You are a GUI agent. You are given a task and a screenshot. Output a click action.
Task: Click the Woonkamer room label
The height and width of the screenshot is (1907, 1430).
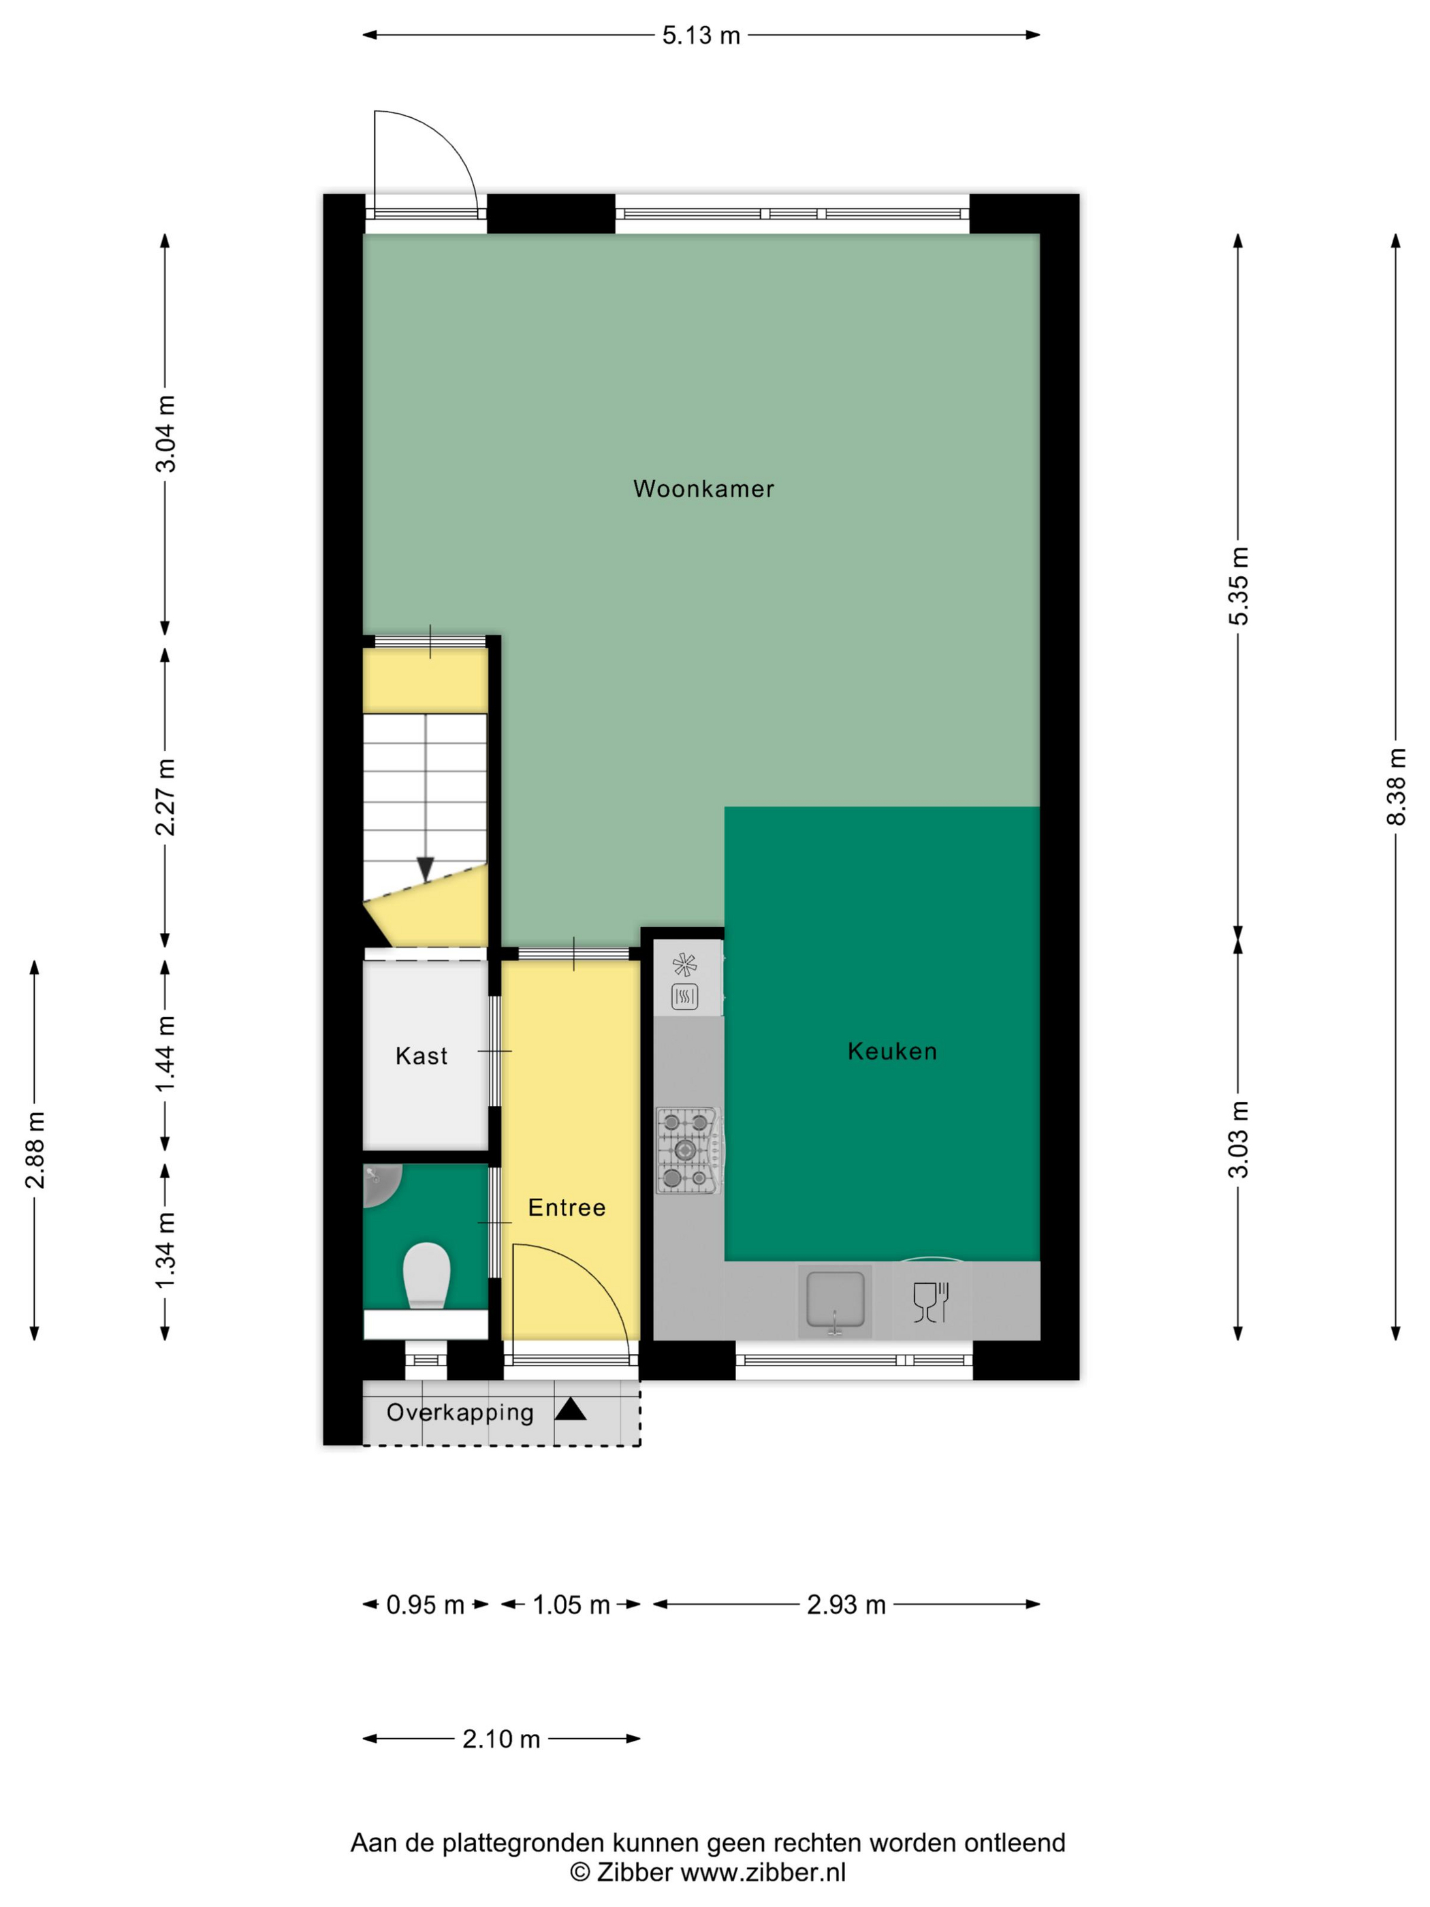tap(703, 489)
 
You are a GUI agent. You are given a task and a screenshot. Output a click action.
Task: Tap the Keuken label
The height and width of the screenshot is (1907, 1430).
tap(892, 1051)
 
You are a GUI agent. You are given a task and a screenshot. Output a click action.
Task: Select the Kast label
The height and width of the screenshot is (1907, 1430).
tap(422, 1056)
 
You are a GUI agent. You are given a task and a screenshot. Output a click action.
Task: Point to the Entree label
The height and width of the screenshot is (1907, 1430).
tap(567, 1208)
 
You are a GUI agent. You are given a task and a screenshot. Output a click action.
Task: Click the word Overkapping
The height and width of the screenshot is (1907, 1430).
tap(460, 1412)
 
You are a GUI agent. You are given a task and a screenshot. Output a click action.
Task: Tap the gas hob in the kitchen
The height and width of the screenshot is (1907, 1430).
tap(688, 1150)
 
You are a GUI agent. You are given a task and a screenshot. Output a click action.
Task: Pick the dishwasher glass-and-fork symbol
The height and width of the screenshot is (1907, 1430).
tap(931, 1302)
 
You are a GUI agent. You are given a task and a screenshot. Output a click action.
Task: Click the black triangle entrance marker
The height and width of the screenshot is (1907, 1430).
tap(571, 1410)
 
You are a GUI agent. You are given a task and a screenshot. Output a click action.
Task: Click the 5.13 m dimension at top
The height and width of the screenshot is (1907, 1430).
tap(701, 35)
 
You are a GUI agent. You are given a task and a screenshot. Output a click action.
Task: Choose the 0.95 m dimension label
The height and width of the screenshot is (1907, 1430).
tap(425, 1605)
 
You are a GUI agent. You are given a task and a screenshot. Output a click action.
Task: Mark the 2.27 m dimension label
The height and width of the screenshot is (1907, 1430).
tap(165, 798)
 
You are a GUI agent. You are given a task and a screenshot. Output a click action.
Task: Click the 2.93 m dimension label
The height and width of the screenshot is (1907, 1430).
tap(846, 1605)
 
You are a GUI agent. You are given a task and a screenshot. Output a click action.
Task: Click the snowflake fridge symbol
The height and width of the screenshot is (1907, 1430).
tap(684, 964)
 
